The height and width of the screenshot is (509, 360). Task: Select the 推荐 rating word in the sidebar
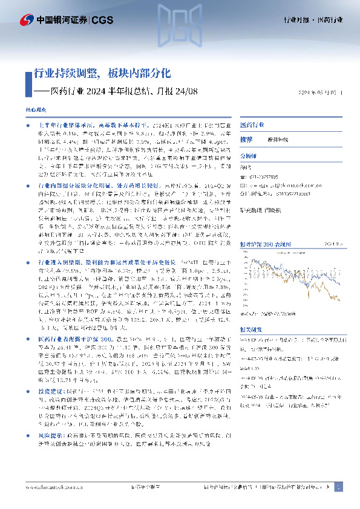tap(246, 139)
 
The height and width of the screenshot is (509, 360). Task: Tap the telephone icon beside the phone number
tap(243, 176)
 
